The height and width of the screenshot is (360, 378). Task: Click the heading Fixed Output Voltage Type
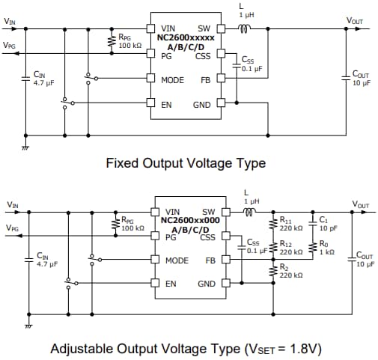coord(185,162)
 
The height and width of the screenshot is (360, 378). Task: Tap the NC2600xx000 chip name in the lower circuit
coord(190,221)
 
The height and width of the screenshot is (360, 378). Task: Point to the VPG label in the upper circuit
coord(9,45)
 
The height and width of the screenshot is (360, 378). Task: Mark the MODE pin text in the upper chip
coord(172,80)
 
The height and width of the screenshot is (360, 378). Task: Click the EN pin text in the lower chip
coord(171,284)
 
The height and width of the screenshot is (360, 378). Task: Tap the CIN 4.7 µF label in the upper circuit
coord(39,79)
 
